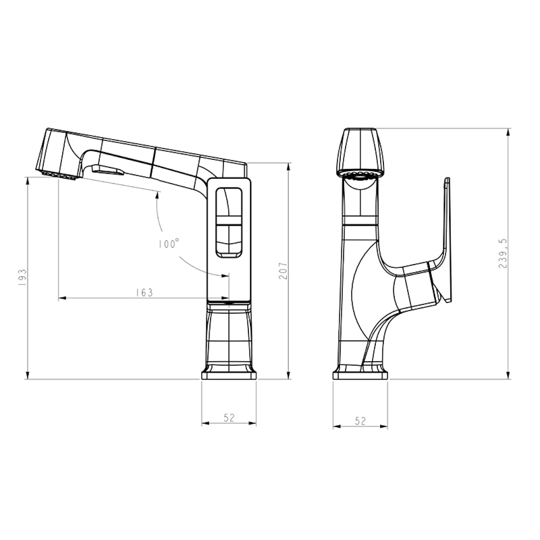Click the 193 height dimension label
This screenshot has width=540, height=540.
tap(22, 277)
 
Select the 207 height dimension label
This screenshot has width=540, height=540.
tap(283, 271)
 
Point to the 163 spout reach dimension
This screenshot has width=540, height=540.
tap(144, 292)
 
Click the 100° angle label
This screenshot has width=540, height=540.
tap(169, 244)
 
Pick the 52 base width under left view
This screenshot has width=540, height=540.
tap(229, 417)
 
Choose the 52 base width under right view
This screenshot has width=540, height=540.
tap(360, 421)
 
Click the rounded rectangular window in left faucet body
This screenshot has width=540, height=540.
tap(228, 222)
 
